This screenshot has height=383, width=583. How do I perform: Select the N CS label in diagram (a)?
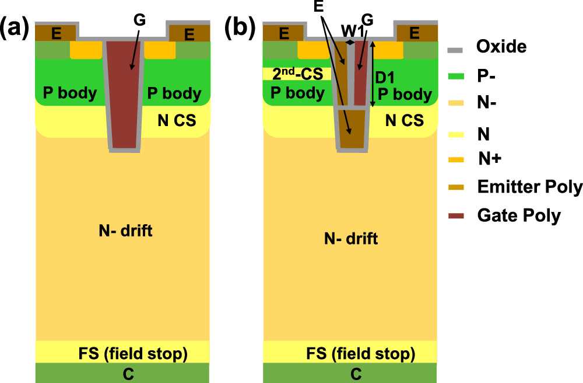click(177, 121)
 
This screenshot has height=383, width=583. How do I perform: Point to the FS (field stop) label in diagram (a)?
click(132, 353)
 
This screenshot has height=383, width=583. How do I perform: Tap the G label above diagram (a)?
click(139, 20)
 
